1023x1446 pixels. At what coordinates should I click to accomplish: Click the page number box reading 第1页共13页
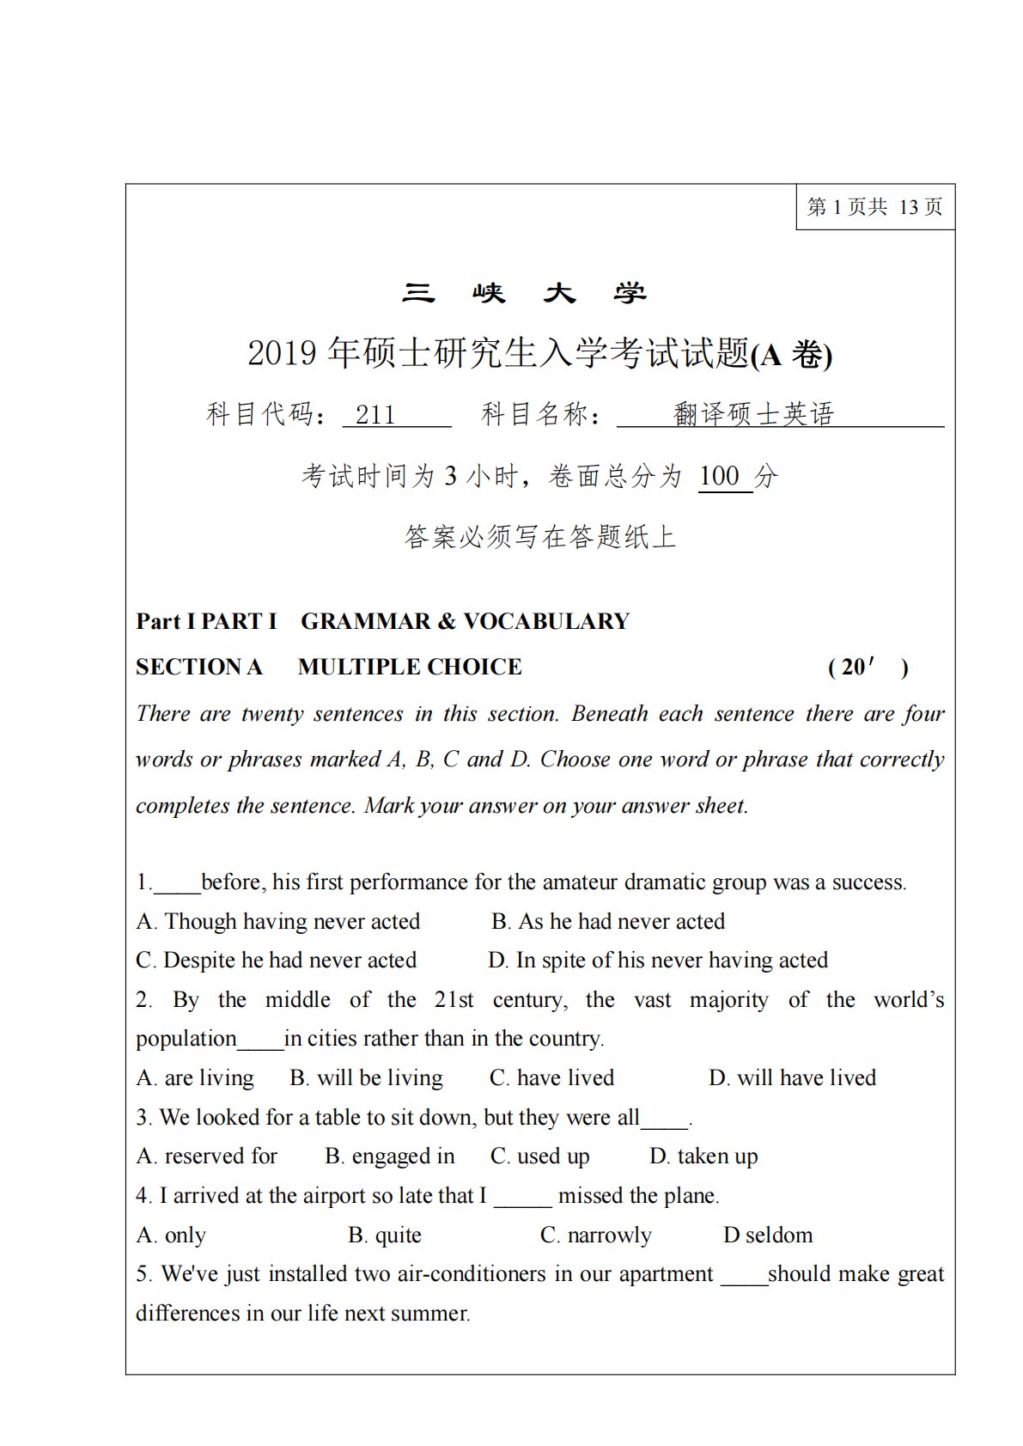[874, 207]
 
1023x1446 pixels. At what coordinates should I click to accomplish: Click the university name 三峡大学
[524, 294]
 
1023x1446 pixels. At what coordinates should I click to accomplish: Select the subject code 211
[375, 415]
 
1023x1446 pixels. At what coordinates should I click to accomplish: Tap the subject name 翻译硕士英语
[753, 414]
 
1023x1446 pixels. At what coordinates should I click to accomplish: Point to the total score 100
[719, 476]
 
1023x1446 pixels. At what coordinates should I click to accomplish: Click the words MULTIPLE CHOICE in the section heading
[410, 667]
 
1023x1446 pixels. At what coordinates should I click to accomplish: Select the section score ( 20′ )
[868, 668]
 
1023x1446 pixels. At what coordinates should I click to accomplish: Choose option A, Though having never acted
[278, 922]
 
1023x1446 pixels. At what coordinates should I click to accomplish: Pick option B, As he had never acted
[608, 922]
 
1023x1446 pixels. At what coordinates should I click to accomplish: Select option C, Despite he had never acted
[277, 961]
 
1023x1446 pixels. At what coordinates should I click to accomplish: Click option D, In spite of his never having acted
[658, 961]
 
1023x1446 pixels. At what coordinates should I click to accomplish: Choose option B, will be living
[367, 1078]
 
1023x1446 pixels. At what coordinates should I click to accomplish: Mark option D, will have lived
[792, 1078]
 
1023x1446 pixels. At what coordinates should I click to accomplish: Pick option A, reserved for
[207, 1156]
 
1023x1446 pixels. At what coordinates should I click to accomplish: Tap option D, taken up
[703, 1156]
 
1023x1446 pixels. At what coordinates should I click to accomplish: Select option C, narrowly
[596, 1236]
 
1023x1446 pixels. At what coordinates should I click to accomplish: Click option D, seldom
[768, 1236]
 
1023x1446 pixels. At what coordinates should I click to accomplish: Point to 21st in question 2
[454, 1000]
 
